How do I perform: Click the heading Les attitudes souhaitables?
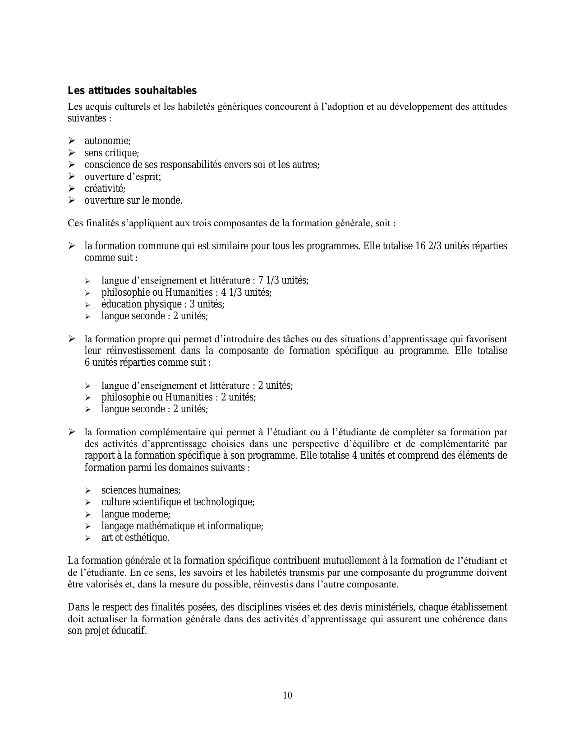click(x=132, y=91)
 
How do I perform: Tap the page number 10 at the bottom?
click(x=288, y=695)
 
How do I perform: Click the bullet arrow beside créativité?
click(x=71, y=188)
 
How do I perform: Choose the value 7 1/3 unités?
click(x=283, y=280)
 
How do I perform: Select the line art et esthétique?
click(x=135, y=538)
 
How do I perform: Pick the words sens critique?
click(x=112, y=153)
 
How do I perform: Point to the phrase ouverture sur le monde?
click(x=133, y=200)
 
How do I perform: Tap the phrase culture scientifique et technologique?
click(x=178, y=502)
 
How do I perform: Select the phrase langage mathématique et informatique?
click(x=182, y=526)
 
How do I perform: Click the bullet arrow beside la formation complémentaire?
click(x=71, y=432)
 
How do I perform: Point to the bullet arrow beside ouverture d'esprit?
click(x=71, y=177)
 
